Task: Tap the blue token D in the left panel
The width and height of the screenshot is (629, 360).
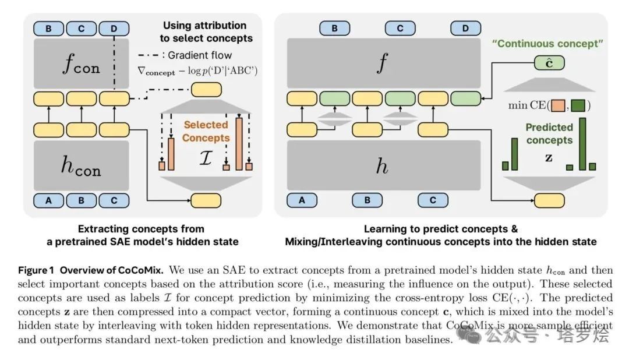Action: [x=114, y=29]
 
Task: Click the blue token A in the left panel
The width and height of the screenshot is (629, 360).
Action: [x=48, y=200]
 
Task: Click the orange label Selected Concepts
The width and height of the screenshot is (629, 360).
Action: [x=207, y=132]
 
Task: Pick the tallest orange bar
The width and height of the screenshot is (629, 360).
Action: [x=239, y=143]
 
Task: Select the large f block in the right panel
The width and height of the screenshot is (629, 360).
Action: [x=381, y=63]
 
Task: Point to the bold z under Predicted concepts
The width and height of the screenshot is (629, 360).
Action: [x=548, y=157]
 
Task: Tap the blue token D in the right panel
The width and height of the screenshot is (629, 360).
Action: [x=466, y=29]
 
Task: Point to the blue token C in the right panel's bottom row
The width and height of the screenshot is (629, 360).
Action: [x=433, y=200]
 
